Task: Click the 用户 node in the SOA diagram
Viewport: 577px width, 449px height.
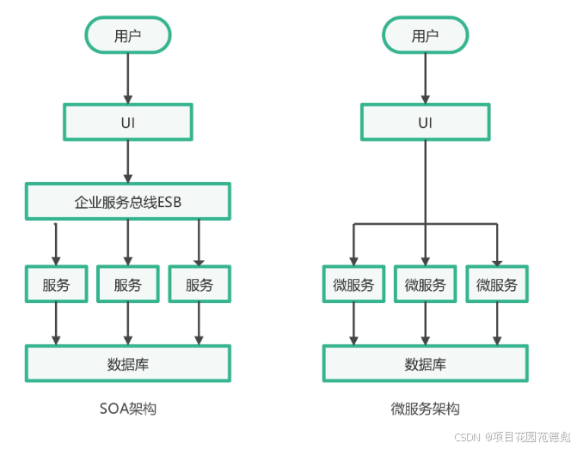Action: click(x=128, y=35)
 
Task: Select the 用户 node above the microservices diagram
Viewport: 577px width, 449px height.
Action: click(x=425, y=35)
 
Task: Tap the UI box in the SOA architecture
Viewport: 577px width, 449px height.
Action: click(x=128, y=122)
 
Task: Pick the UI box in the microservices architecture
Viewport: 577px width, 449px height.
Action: click(x=425, y=122)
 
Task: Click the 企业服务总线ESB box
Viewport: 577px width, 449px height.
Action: click(x=128, y=202)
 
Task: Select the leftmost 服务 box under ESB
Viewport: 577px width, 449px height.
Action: click(x=56, y=285)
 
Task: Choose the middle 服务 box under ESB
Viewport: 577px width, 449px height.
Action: click(x=128, y=285)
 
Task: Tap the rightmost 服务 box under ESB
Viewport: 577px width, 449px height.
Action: click(x=199, y=285)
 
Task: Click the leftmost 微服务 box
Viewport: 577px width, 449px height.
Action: click(x=353, y=285)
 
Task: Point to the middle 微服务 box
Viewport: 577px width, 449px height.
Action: click(x=425, y=285)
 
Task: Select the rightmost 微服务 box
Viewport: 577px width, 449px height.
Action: click(x=497, y=285)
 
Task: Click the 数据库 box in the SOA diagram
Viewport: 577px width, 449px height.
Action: click(x=128, y=363)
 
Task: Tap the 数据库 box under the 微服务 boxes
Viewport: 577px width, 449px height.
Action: click(x=425, y=363)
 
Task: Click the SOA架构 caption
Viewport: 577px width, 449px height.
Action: click(x=128, y=409)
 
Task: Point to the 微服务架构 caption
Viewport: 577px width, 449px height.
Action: click(x=425, y=409)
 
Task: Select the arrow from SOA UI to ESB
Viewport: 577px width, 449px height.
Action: click(x=128, y=161)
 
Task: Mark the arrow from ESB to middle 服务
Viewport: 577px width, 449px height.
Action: click(x=128, y=242)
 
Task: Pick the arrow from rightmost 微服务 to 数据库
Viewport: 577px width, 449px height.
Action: click(x=497, y=324)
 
